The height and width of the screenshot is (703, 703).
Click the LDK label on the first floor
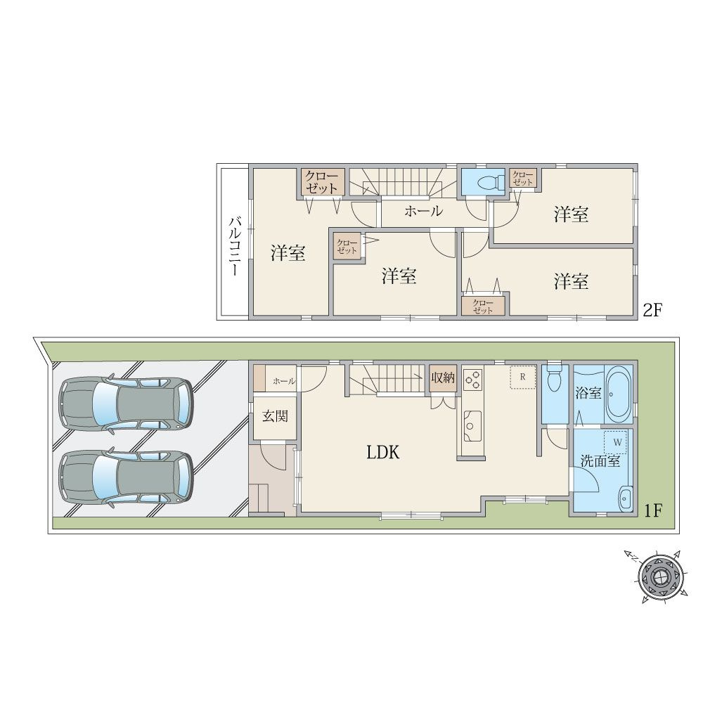[383, 452]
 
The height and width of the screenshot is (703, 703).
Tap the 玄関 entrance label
[275, 416]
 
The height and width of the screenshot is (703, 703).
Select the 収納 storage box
[442, 378]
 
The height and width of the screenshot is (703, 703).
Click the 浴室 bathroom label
[588, 393]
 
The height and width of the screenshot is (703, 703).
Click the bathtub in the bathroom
[619, 394]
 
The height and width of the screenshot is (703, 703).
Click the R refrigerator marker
[522, 377]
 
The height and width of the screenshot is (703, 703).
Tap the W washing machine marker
[617, 442]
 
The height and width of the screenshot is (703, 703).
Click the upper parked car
[126, 404]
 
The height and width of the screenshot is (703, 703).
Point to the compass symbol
[660, 576]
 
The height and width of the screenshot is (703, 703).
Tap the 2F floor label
[652, 310]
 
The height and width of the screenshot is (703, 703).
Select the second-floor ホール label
[423, 211]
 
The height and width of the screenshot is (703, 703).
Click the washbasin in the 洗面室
[624, 499]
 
